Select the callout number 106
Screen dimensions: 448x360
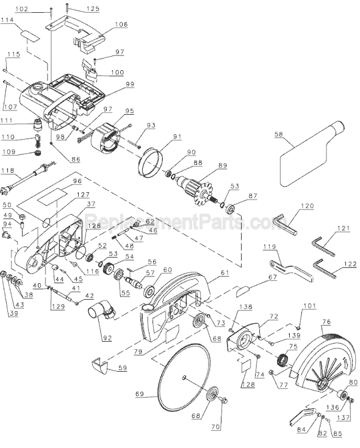point(121,24)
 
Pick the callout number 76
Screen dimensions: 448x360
point(326,322)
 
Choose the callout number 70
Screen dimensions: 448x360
point(215,428)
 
